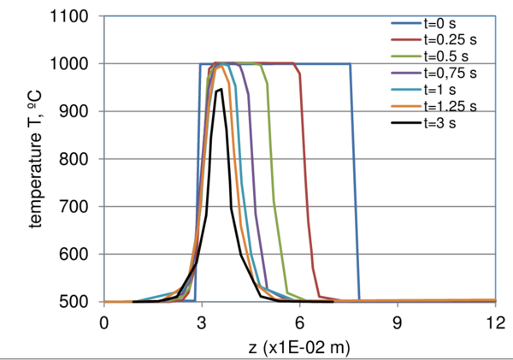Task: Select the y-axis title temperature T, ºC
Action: coord(38,159)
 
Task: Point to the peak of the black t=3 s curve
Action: coord(220,89)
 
